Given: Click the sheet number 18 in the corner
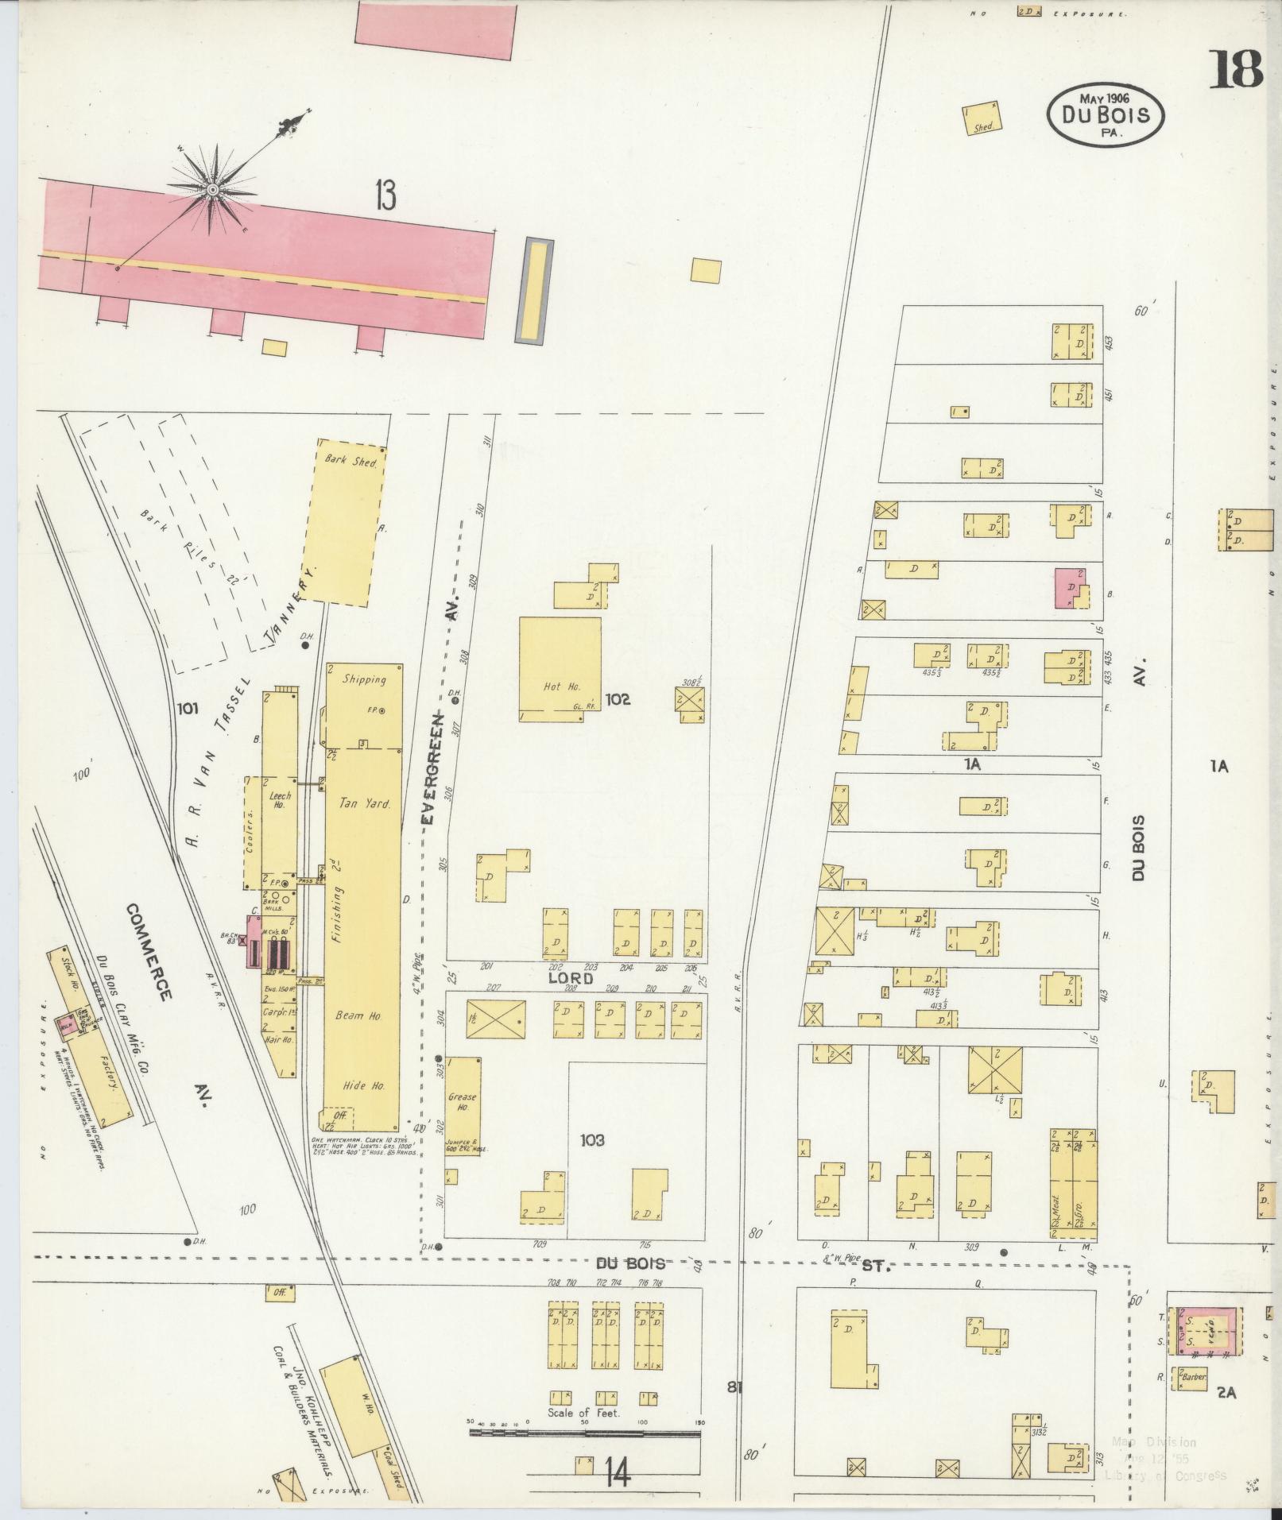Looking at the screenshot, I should coord(1236,69).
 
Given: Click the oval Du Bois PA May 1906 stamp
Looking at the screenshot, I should coord(1106,114).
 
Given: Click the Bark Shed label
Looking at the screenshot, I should coord(344,459).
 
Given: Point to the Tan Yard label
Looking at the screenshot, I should coord(365,804).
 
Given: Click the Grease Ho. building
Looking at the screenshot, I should coord(463,1104).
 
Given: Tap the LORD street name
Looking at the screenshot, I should coord(570,979).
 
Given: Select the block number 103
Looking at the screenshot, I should coord(592,1140).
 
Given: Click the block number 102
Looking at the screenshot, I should coord(618,699).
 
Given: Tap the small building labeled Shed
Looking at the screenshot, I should coord(981,118).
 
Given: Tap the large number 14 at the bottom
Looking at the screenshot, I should coord(617,1476).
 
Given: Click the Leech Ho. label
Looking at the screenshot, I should coord(280,800).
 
